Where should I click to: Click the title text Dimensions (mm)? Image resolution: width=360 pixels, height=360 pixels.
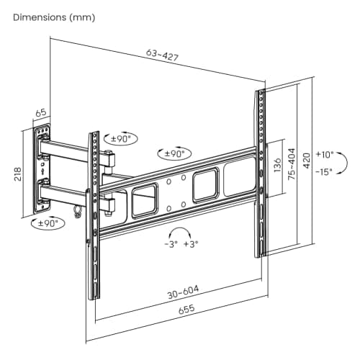point(53,16)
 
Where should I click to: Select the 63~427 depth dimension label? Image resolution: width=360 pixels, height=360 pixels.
point(163,55)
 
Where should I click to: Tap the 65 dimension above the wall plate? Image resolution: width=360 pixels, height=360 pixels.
point(40,112)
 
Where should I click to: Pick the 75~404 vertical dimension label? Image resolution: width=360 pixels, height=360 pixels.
point(292,167)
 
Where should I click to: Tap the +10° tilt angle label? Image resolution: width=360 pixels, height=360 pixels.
point(325,154)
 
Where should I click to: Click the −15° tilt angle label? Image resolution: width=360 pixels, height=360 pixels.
point(325,171)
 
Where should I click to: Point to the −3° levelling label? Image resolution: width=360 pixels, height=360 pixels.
point(171,245)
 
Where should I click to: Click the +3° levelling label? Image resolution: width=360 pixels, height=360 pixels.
point(191,245)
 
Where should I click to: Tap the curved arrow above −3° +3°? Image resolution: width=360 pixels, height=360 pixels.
point(181,232)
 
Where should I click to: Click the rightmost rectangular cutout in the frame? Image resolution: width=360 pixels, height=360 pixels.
point(238,174)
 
